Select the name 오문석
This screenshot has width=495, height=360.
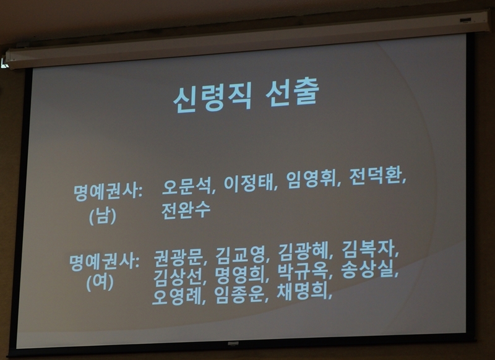[x=186, y=186]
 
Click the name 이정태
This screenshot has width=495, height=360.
[x=248, y=183]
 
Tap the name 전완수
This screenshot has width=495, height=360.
[x=186, y=210]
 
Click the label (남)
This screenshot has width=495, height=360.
[x=102, y=216]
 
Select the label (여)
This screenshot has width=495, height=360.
[x=100, y=283]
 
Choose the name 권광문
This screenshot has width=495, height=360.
[x=178, y=258]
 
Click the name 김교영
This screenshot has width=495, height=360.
[x=240, y=255]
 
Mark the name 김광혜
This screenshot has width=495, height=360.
[x=303, y=252]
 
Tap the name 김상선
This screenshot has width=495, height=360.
[x=178, y=277]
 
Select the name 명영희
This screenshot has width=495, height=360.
[x=239, y=275]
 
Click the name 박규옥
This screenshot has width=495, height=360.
[x=302, y=272]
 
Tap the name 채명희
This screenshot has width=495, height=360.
[x=301, y=292]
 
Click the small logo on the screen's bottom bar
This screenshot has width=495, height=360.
[x=233, y=343]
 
